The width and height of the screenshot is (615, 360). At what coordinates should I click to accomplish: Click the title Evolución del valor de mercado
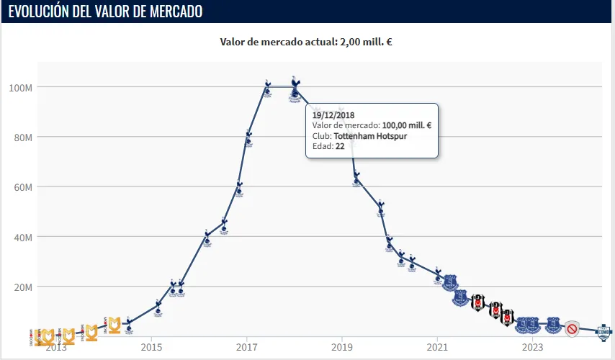tap(105, 12)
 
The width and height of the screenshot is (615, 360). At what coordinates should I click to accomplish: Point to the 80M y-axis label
tap(22, 137)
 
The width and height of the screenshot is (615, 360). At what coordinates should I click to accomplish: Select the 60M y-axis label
tap(22, 187)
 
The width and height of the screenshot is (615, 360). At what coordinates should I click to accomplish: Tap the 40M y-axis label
tap(22, 237)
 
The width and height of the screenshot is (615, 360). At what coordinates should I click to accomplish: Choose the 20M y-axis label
tap(22, 287)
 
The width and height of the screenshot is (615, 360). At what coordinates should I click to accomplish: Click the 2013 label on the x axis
tap(55, 348)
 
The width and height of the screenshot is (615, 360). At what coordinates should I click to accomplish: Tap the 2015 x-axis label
tap(151, 348)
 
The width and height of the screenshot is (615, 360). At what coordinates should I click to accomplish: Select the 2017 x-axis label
tap(246, 348)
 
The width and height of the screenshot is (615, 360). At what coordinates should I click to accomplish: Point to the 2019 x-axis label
tap(342, 348)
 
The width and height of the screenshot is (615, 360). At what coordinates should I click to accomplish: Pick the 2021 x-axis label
tap(437, 348)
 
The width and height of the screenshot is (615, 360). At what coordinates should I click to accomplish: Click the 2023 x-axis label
tap(533, 348)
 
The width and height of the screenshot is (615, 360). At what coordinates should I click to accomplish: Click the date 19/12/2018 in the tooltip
tap(333, 114)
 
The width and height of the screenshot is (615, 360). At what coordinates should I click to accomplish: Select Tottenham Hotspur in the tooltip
tap(375, 135)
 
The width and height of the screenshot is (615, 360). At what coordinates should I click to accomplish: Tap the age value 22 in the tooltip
tap(339, 146)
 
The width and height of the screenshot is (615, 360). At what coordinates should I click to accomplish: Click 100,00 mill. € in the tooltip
tap(406, 125)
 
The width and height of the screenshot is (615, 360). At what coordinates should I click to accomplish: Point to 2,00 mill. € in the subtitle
tap(365, 42)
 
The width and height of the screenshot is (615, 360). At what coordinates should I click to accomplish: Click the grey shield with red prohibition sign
tap(572, 329)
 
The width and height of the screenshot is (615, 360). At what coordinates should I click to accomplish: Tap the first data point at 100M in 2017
tap(267, 87)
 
